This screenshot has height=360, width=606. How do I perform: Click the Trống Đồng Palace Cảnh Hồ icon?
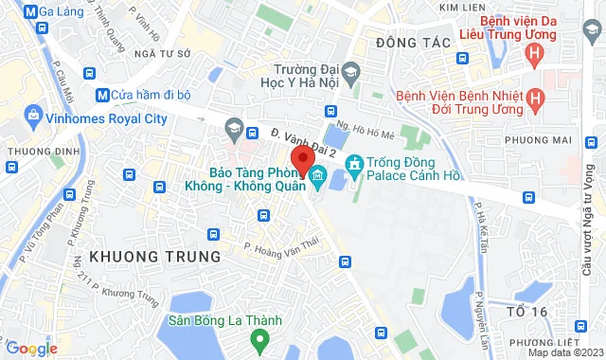point(355,167)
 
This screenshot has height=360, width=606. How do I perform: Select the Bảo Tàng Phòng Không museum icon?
point(318,175)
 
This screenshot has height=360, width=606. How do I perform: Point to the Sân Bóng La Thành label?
point(225,320)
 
